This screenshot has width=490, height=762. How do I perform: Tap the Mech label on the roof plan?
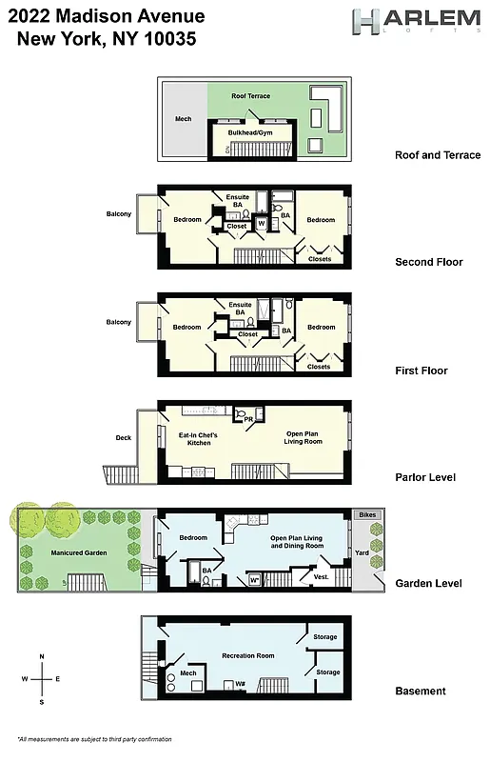coord(184,119)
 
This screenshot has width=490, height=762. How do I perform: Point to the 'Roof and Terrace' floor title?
coord(438,155)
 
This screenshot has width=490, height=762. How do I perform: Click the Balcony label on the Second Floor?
coord(119,213)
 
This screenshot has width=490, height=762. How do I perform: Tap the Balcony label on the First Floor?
coord(119,322)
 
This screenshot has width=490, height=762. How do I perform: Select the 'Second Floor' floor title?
coord(428,262)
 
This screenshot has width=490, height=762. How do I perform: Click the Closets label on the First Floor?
coord(319,367)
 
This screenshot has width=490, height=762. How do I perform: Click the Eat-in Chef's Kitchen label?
coord(199,439)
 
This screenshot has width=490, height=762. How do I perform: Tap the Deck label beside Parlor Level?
coord(124,437)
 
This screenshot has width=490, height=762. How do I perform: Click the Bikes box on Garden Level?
coord(366,514)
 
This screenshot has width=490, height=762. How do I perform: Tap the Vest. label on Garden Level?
coord(322,575)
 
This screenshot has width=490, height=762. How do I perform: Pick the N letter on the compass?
coord(42,657)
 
